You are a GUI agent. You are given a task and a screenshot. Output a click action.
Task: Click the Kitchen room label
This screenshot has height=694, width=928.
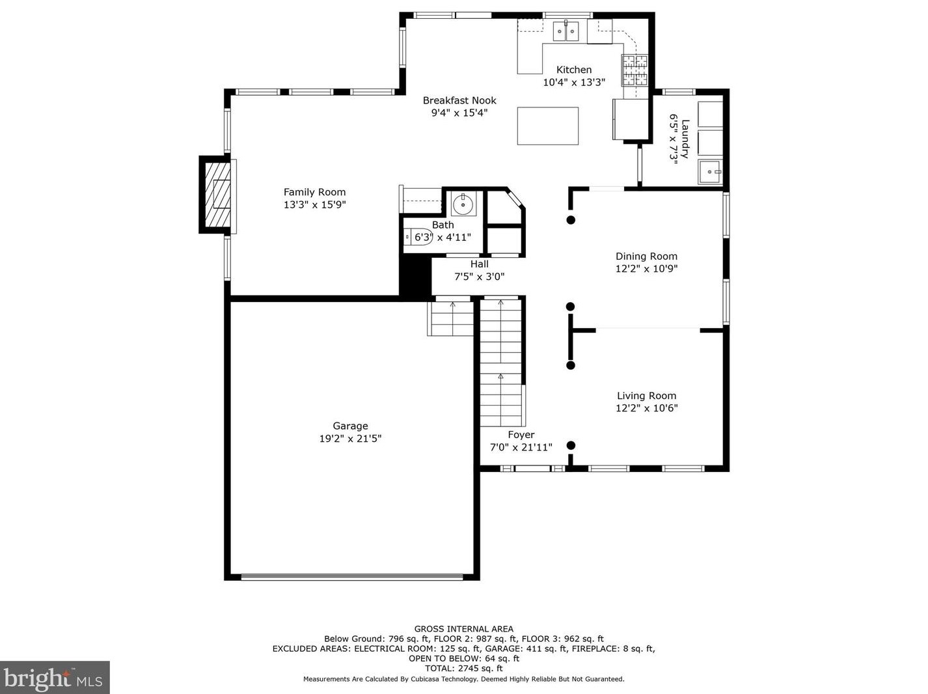click(x=573, y=70)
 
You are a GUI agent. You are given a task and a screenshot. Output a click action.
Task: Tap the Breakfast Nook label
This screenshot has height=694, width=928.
click(x=459, y=101)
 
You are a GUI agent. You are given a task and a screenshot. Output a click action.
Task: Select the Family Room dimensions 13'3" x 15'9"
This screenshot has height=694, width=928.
click(x=314, y=204)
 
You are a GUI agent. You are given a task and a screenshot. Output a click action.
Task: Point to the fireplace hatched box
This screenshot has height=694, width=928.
click(x=218, y=194)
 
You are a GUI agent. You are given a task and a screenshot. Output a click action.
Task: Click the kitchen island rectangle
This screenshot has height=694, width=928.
click(x=547, y=126)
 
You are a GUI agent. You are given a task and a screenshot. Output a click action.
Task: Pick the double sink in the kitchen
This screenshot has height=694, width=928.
click(x=566, y=31)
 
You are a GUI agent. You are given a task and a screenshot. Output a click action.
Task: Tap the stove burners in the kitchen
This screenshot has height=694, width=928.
click(x=635, y=70)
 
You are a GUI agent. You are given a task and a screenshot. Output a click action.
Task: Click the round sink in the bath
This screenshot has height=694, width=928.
click(x=464, y=203)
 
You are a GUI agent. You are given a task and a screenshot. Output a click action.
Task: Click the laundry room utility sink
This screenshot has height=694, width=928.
click(x=710, y=172)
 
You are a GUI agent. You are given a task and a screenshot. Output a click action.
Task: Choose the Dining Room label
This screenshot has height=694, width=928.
click(x=646, y=257)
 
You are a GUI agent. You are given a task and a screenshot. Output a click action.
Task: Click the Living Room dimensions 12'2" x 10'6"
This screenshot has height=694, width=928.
click(x=646, y=408)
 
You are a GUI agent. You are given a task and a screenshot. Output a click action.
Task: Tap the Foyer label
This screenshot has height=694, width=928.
click(x=521, y=435)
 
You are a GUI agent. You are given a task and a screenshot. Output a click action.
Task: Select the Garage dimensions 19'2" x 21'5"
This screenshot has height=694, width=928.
click(x=350, y=439)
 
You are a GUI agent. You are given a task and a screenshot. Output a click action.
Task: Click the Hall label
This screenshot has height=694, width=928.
click(x=480, y=264)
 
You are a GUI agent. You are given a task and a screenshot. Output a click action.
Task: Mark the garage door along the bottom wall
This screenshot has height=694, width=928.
click(x=352, y=576)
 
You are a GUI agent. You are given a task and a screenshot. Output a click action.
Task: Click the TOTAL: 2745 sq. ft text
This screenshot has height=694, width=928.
click(x=464, y=668)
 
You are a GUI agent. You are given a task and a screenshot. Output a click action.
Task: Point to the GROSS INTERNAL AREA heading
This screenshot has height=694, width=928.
click(x=464, y=629)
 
